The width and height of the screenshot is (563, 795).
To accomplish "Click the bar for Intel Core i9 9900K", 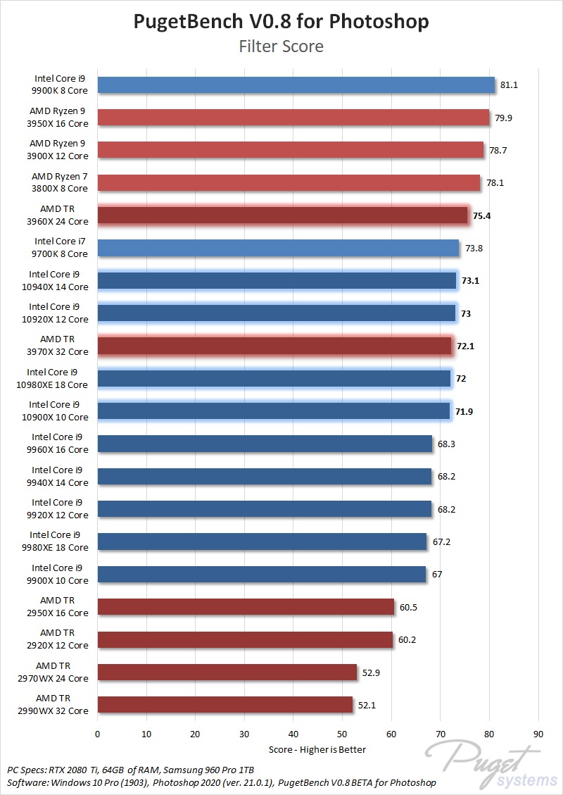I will point(296,85).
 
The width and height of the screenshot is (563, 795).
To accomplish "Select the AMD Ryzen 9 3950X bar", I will point(293,118).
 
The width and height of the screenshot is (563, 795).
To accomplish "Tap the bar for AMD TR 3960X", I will point(282,215).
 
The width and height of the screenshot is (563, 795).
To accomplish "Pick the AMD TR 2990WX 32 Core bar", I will point(225,704).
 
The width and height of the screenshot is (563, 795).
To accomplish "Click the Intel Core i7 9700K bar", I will point(278,248).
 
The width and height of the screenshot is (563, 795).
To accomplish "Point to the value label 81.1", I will point(509,85).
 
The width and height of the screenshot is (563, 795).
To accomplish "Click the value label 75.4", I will point(481,215).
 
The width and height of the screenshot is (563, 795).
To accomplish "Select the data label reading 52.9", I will point(371,672).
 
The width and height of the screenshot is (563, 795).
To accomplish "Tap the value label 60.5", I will point(408,607).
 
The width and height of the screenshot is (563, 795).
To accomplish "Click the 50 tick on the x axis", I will point(343,733).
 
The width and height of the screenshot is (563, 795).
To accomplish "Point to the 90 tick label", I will point(539,733).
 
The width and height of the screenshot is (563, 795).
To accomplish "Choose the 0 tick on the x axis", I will point(98,733).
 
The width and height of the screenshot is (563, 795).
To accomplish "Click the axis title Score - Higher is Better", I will point(317,749).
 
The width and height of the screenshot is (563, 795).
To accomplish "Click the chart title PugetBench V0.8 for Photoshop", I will point(281,21).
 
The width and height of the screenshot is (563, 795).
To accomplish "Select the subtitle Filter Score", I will point(281,46).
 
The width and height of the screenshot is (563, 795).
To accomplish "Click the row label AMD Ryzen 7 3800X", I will point(60,182).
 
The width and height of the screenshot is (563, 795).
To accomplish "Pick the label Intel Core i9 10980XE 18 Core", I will point(58,378).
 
